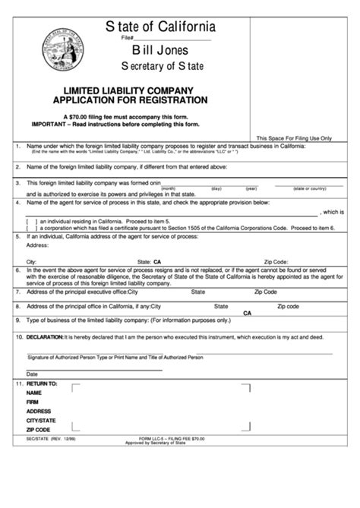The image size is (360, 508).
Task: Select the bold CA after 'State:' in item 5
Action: pos(157,260)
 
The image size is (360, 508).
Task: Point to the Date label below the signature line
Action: pos(32,374)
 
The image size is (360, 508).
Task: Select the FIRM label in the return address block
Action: pos(33,402)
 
